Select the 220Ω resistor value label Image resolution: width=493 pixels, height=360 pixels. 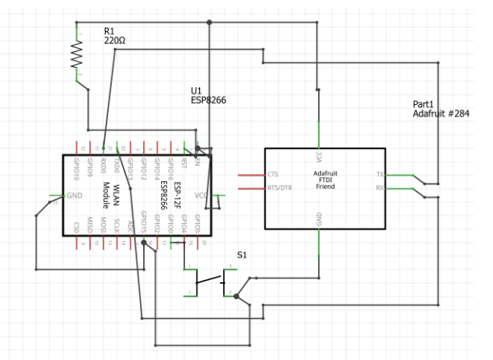114,40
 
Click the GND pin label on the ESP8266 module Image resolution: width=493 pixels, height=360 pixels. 75,195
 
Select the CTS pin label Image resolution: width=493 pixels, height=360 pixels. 273,174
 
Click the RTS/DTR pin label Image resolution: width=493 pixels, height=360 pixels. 279,187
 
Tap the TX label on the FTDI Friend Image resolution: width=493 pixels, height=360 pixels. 379,174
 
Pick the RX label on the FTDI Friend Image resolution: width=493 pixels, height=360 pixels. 379,187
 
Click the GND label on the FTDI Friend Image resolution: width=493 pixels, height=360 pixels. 319,222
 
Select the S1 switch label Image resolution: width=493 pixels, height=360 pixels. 242,255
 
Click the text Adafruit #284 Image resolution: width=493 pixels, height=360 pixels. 441,114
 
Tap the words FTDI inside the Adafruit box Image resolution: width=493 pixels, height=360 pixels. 324,180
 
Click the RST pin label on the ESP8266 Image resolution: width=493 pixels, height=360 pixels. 184,164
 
